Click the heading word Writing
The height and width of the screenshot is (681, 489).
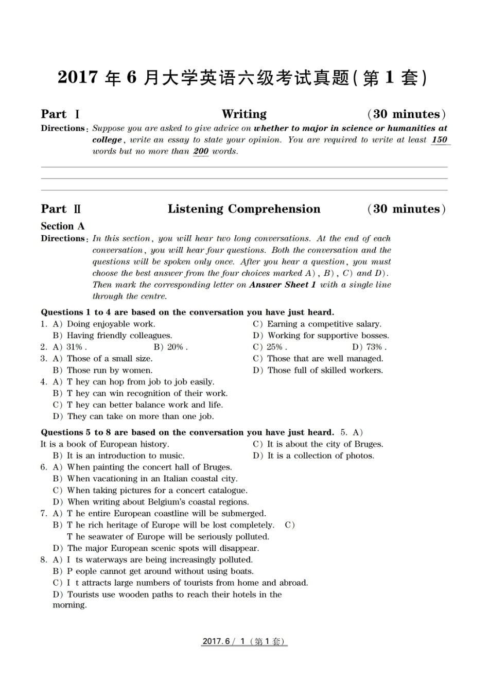pyautogui.click(x=244, y=114)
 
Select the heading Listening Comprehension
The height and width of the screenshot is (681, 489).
pyautogui.click(x=244, y=209)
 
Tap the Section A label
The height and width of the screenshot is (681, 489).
pyautogui.click(x=62, y=226)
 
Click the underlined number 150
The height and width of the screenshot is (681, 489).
pyautogui.click(x=439, y=140)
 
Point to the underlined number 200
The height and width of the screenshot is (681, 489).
pyautogui.click(x=201, y=151)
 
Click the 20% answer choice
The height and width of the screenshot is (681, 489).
pyautogui.click(x=176, y=347)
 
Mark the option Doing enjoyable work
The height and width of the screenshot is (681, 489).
pyautogui.click(x=111, y=324)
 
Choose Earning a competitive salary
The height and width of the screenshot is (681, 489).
pyautogui.click(x=324, y=324)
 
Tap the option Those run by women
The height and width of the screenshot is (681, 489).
pyautogui.click(x=109, y=371)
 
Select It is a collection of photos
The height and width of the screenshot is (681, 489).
pyautogui.click(x=320, y=456)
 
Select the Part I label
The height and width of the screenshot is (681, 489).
pyautogui.click(x=60, y=114)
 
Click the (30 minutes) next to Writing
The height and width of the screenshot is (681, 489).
pyautogui.click(x=406, y=114)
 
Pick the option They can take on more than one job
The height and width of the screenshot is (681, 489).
pyautogui.click(x=140, y=417)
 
